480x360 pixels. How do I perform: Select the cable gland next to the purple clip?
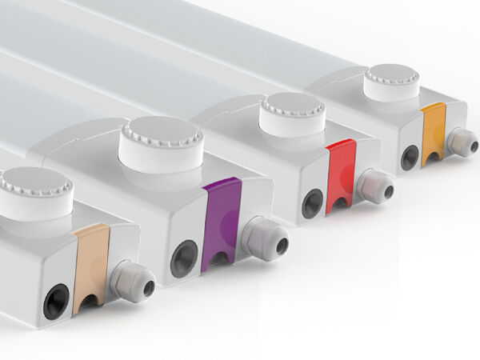258,236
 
